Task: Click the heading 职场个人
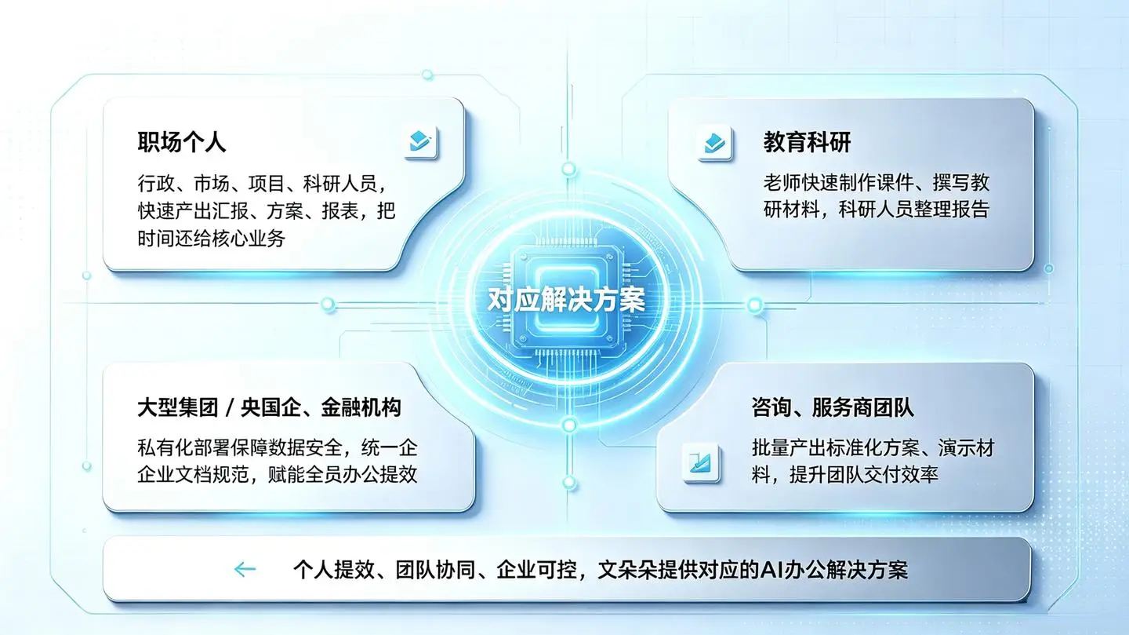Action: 181,142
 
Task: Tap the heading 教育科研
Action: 807,142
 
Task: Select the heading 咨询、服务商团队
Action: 833,407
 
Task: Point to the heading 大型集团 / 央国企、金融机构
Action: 269,407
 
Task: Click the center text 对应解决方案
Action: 567,300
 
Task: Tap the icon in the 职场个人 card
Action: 421,142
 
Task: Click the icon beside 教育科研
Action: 715,143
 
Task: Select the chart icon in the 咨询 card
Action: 700,462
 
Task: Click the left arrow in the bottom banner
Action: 245,569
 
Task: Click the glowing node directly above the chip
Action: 569,169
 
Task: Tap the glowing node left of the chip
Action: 328,304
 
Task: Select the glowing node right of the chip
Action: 754,305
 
